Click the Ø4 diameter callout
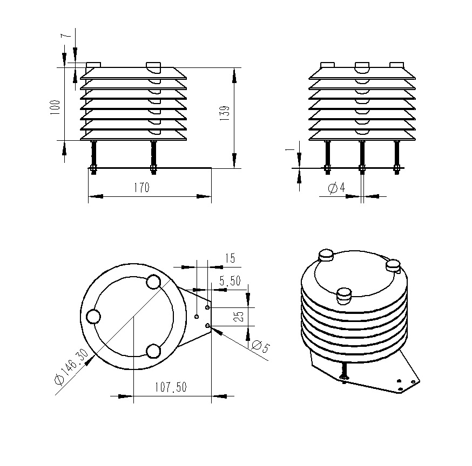pos(336,188)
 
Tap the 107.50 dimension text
pos(170,387)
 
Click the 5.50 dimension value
pos(230,281)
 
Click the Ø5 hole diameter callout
pos(259,347)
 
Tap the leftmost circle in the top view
pos(93,317)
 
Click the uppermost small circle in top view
pos(153,282)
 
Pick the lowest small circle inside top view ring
pos(153,351)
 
